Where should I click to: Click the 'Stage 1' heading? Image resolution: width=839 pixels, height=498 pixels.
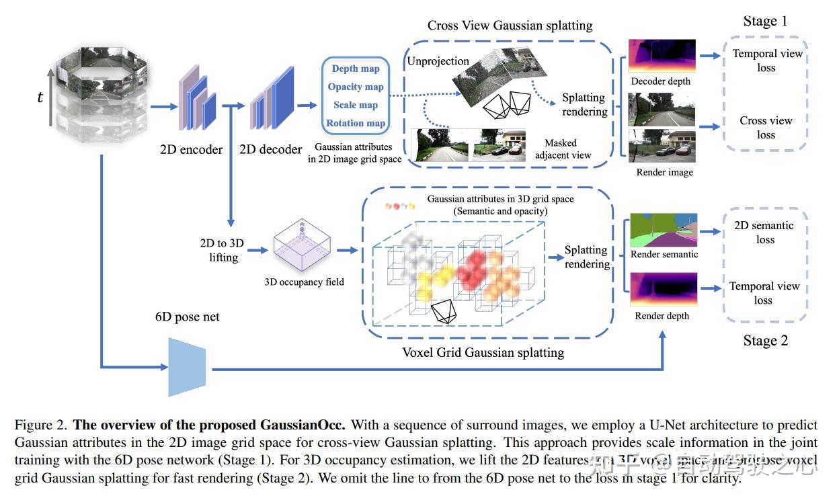point(765,22)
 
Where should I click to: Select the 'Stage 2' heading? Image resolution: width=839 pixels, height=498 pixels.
point(765,341)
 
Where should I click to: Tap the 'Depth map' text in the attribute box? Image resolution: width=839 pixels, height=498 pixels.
point(356,69)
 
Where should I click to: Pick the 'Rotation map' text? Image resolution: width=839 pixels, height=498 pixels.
point(356,123)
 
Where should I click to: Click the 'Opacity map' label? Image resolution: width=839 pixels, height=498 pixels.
point(356,87)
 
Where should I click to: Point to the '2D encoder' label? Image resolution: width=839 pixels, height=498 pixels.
point(191,149)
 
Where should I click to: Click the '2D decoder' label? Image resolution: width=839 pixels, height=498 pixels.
point(271,149)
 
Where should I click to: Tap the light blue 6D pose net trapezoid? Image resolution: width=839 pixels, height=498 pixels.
point(186,367)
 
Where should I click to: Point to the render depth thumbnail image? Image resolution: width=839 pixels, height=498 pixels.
point(664,290)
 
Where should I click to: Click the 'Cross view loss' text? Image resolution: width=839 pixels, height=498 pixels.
point(766,128)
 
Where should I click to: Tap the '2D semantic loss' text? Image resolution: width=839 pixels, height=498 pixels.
point(765,233)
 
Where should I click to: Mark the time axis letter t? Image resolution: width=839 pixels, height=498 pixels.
point(40,97)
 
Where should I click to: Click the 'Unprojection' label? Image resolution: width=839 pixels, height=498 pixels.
point(438,61)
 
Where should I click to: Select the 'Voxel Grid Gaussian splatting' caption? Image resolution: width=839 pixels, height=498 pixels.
point(483,352)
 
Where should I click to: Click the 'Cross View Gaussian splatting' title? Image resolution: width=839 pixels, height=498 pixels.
point(510,26)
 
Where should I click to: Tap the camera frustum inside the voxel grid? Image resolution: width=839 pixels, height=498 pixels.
point(444,311)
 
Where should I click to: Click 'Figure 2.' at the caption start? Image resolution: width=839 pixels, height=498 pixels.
point(40,425)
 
